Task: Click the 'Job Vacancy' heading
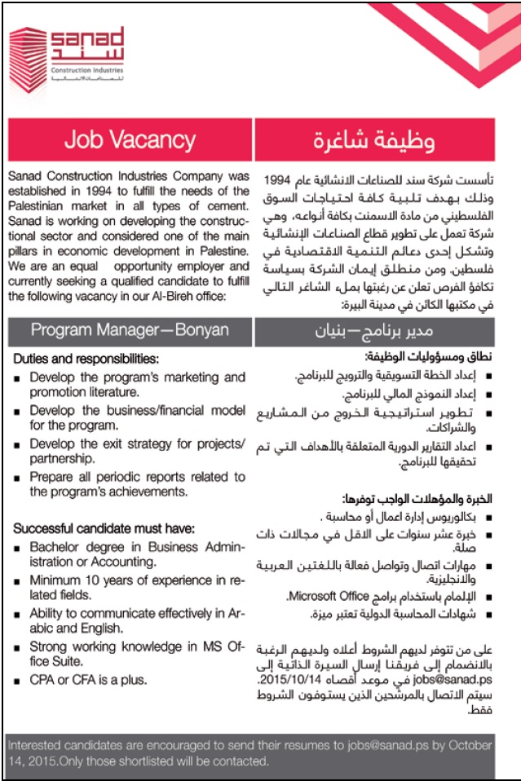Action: pyautogui.click(x=130, y=139)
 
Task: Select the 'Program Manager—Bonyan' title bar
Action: pyautogui.click(x=130, y=330)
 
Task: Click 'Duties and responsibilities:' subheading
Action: pyautogui.click(x=86, y=359)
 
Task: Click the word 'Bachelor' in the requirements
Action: pyautogui.click(x=55, y=547)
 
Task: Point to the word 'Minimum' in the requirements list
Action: pyautogui.click(x=58, y=580)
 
